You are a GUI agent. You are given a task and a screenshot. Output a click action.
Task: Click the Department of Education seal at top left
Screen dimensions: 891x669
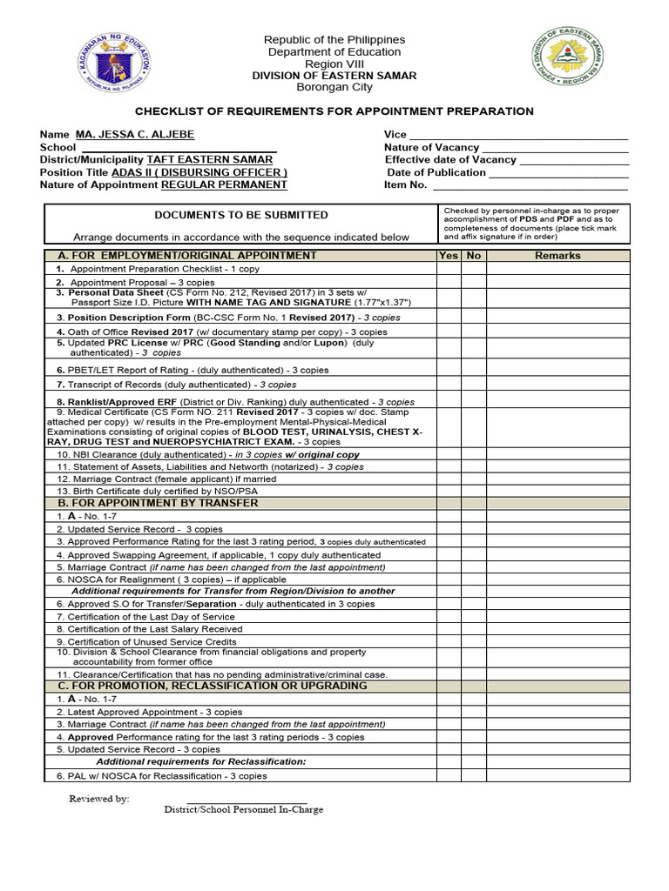(x=114, y=63)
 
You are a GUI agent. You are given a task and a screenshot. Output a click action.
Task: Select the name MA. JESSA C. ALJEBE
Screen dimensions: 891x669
(x=135, y=135)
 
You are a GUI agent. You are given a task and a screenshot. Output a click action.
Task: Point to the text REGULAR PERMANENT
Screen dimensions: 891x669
(x=224, y=184)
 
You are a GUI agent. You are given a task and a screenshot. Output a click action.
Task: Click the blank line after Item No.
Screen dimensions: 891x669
(x=530, y=185)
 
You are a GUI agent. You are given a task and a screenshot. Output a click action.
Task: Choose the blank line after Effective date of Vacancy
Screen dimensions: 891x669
(x=574, y=160)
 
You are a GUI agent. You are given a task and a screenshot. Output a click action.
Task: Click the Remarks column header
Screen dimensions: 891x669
(x=557, y=256)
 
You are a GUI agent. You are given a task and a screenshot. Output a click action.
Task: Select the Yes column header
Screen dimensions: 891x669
(x=449, y=256)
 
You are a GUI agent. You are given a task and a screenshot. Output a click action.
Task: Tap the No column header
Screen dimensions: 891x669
(x=474, y=256)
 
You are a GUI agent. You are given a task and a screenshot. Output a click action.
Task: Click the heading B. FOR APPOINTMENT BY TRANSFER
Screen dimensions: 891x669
(x=158, y=503)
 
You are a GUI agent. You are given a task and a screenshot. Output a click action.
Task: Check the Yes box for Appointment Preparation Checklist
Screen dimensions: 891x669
(x=449, y=269)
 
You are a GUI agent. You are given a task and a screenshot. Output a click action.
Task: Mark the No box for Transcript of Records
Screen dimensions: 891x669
(x=474, y=384)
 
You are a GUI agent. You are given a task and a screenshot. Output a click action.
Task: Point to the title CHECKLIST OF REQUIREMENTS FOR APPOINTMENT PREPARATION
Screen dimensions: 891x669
(x=334, y=111)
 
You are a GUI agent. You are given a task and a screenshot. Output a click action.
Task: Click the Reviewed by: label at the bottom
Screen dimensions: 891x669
(x=99, y=798)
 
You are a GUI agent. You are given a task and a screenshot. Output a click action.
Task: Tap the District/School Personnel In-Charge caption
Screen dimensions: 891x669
(x=244, y=809)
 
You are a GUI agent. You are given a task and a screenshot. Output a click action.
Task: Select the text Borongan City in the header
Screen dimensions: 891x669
(x=334, y=88)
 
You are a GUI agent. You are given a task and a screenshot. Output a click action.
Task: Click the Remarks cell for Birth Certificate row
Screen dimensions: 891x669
(x=557, y=491)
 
